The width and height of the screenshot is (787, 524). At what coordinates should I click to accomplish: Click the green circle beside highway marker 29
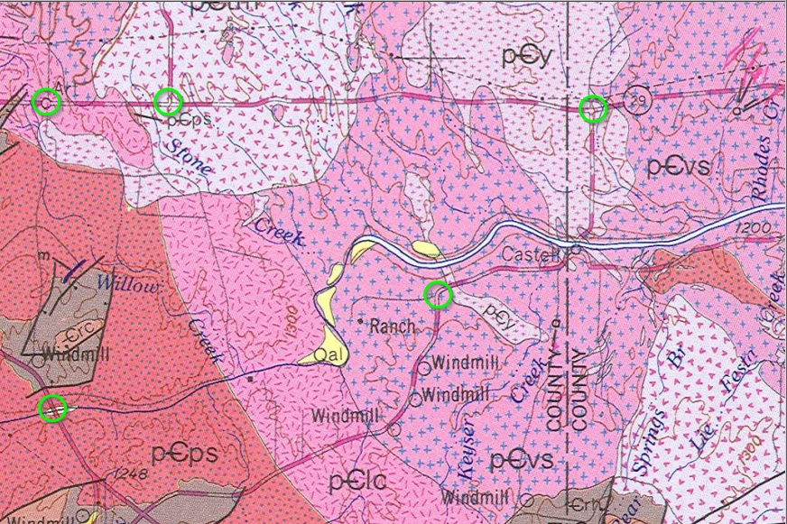click(x=592, y=109)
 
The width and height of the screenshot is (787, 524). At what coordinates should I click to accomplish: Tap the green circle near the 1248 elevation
click(x=53, y=408)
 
